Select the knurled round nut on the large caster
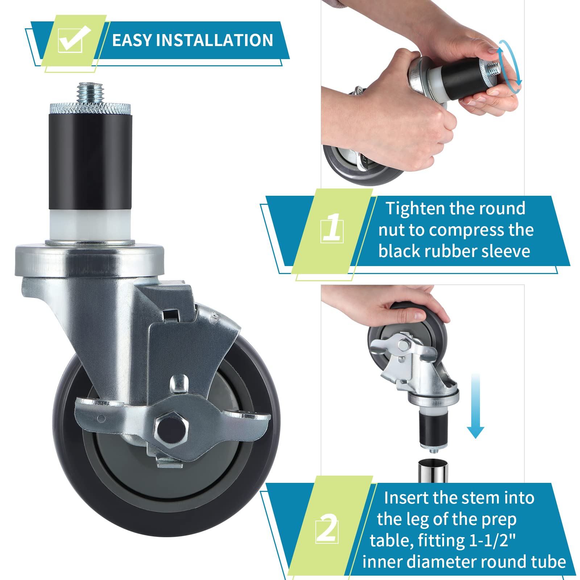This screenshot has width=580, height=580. [90, 108]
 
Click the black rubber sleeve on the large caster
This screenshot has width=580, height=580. [90, 162]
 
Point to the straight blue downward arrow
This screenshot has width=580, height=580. [475, 406]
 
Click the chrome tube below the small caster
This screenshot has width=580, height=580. [432, 471]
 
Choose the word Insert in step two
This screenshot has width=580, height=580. [406, 498]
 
